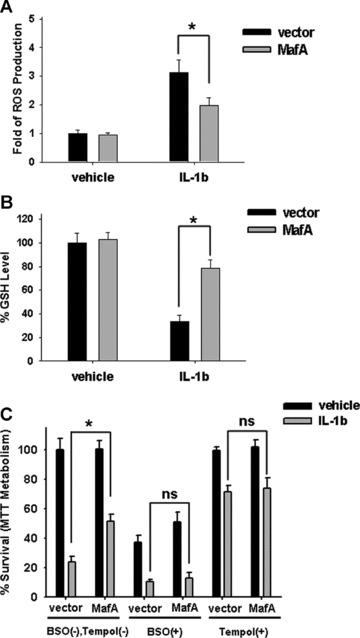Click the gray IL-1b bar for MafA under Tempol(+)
pyautogui.click(x=322, y=557)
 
